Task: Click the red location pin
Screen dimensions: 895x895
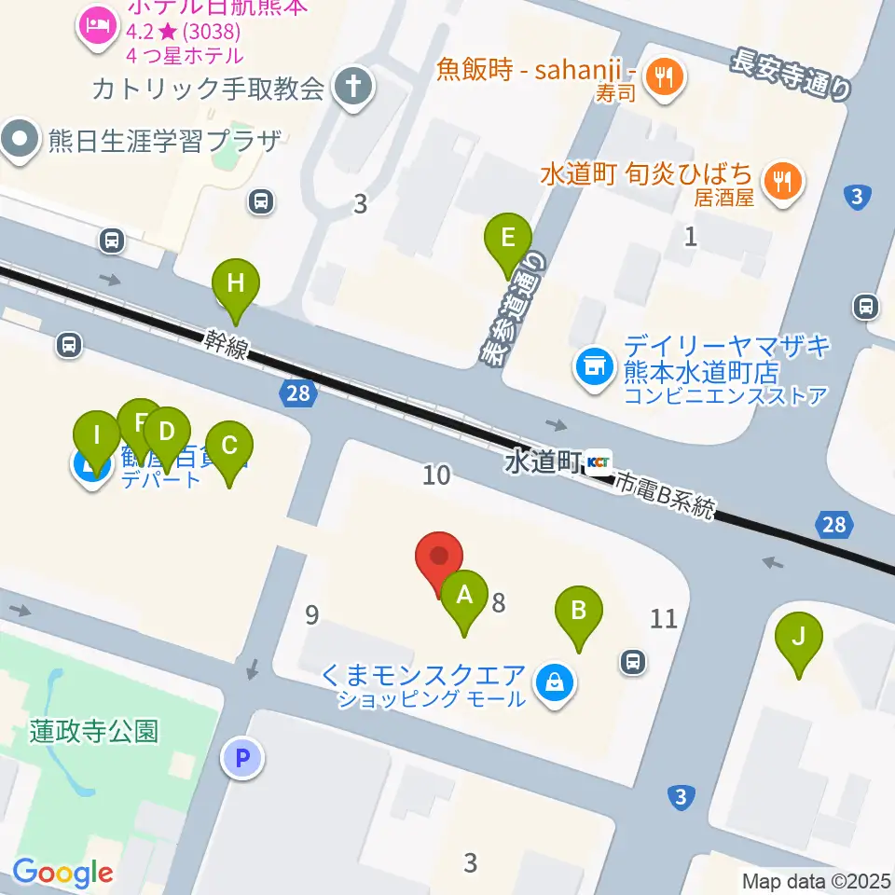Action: tap(437, 557)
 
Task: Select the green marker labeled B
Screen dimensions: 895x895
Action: tap(579, 613)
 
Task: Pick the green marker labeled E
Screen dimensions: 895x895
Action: tap(508, 239)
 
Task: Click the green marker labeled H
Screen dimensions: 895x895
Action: tap(236, 283)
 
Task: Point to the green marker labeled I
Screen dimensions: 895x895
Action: tap(97, 435)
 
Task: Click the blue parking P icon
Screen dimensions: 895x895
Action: tap(242, 758)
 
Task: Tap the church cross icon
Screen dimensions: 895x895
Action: tap(354, 88)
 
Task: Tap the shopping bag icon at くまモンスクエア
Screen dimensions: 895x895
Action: tap(556, 684)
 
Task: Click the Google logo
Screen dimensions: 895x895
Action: tap(62, 873)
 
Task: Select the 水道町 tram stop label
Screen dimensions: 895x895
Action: tap(544, 461)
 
